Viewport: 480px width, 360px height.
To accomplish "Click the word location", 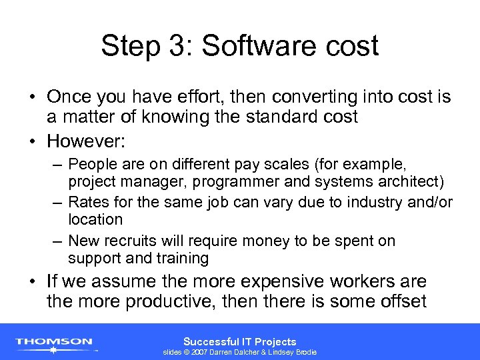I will pos(95,219).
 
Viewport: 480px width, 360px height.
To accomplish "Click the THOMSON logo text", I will pos(54,341).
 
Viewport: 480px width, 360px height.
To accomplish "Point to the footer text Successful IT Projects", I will pos(239,341).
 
